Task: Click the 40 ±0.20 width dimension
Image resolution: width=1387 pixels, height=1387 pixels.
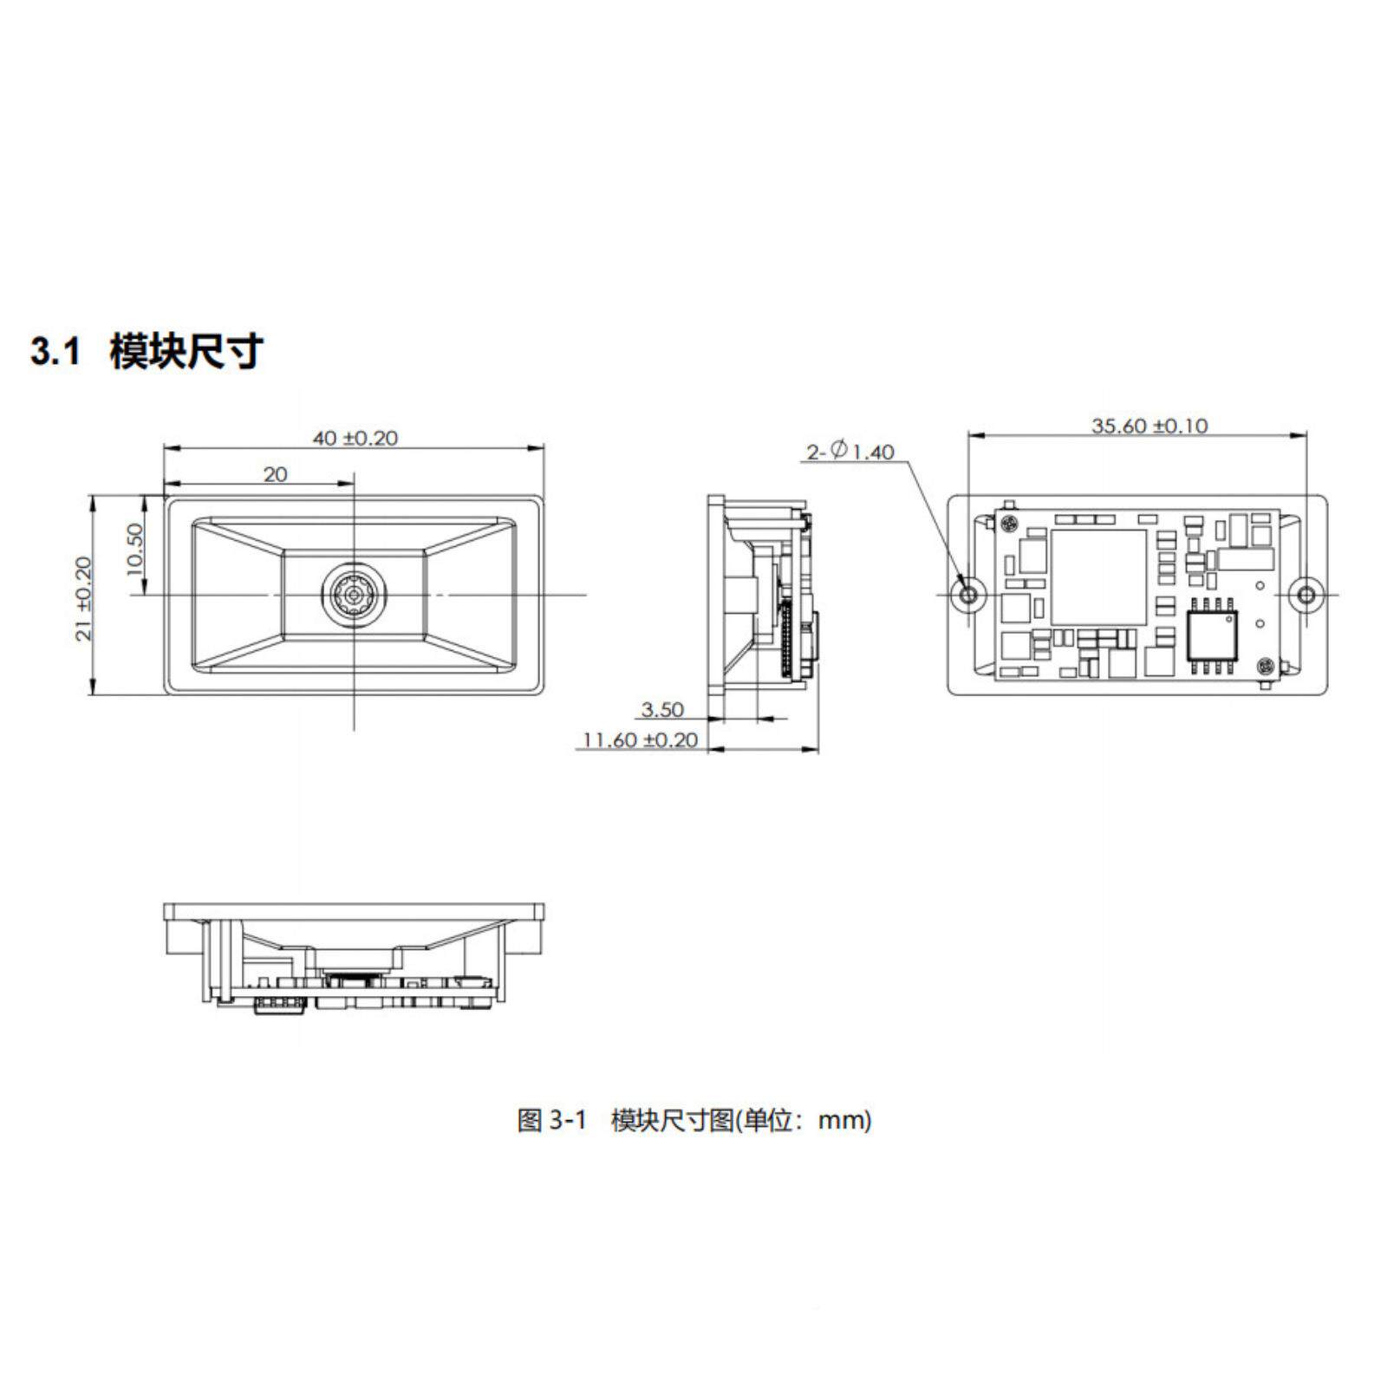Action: [355, 439]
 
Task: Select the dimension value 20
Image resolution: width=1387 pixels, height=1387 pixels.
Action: [275, 474]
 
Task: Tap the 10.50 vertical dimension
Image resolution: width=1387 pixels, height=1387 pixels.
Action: [134, 548]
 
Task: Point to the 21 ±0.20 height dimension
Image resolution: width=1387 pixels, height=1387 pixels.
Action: [84, 598]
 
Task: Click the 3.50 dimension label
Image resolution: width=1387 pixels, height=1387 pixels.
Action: [662, 710]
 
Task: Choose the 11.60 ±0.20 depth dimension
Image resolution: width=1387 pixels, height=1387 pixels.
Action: [641, 740]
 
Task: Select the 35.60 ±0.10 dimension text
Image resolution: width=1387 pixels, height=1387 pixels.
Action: [1149, 426]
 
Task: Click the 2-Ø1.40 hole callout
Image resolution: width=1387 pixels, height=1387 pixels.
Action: [850, 452]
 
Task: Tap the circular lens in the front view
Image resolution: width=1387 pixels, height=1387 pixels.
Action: [354, 594]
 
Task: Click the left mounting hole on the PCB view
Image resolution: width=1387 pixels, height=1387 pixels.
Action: [969, 595]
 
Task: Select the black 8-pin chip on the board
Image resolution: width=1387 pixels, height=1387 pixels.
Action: [1213, 635]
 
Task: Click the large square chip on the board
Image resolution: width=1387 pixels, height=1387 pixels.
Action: [1098, 576]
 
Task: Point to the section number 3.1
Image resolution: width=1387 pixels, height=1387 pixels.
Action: [55, 352]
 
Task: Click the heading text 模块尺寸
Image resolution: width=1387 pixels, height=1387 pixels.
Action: [186, 352]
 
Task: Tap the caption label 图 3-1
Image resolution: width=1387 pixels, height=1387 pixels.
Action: [551, 1120]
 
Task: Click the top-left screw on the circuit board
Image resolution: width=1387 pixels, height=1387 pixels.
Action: [1008, 522]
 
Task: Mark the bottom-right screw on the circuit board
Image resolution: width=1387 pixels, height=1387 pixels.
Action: [1266, 667]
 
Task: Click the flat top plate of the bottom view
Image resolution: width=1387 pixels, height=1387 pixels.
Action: [354, 911]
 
